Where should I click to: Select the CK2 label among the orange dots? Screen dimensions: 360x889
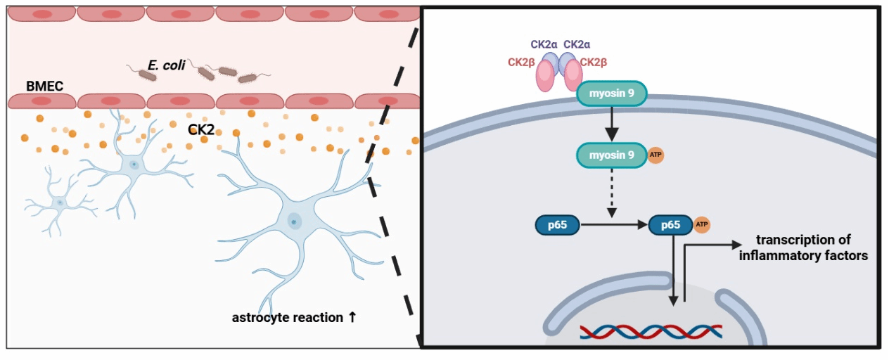click(x=201, y=129)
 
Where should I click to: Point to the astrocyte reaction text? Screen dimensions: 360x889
click(x=294, y=317)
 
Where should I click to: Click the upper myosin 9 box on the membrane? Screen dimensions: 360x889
click(x=611, y=94)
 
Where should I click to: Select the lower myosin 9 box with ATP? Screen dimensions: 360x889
click(x=611, y=155)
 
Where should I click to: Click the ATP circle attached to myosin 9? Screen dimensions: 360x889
click(x=655, y=155)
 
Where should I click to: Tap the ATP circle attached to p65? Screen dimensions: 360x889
click(x=701, y=225)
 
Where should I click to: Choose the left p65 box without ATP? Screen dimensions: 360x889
click(x=556, y=226)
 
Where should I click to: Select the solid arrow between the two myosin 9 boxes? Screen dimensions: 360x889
click(x=611, y=124)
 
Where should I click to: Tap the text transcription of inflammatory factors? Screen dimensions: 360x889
click(x=802, y=247)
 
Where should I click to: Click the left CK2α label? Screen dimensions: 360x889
click(x=544, y=44)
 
